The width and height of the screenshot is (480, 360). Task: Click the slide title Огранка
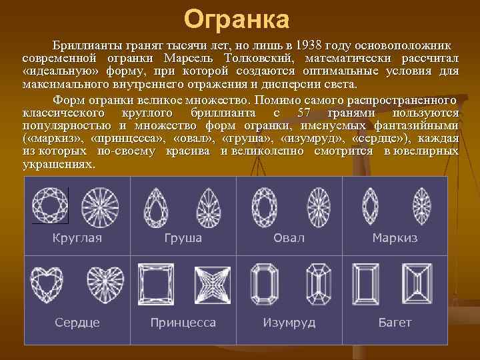237,20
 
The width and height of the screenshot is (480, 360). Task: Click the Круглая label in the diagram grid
77,238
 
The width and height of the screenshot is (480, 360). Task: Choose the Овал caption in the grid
289,238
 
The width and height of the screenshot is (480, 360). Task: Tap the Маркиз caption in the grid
395,238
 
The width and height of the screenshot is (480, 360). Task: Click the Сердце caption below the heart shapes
77,323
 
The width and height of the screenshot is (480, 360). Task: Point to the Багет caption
395,323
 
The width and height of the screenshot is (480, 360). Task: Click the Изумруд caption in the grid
289,323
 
